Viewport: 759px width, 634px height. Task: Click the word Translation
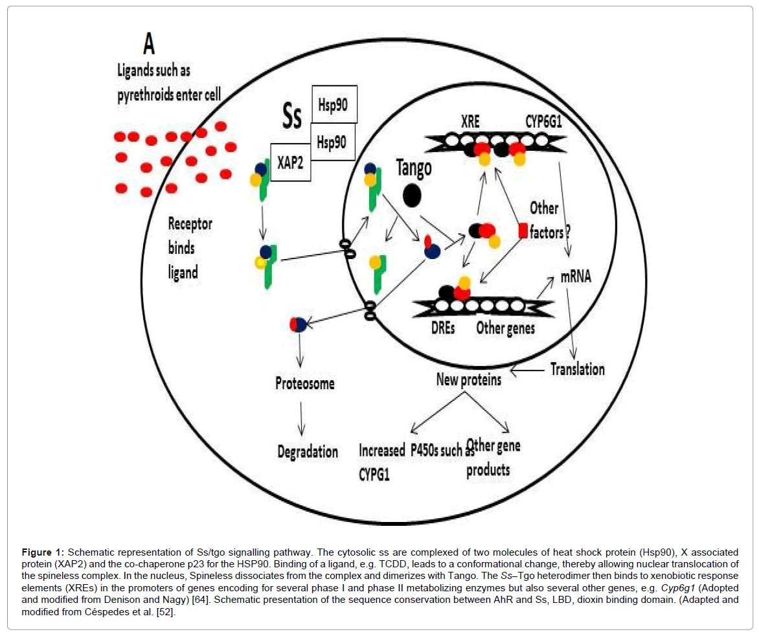coord(577,369)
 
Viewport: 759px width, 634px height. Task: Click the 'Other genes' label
coord(505,328)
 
